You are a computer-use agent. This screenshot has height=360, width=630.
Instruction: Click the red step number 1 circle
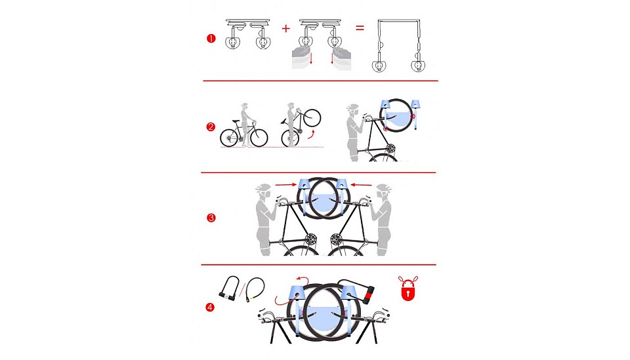click(211, 39)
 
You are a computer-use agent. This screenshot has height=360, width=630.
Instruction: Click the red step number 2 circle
click(211, 127)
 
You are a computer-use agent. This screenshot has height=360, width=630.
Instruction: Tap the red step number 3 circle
click(211, 218)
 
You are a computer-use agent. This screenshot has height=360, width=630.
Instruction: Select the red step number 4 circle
click(210, 308)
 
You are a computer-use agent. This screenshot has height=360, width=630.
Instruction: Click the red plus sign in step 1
click(285, 28)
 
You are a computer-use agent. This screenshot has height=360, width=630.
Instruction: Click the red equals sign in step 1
click(360, 28)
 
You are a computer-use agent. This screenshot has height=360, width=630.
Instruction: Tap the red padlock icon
click(408, 288)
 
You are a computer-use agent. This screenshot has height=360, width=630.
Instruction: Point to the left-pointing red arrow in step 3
click(361, 185)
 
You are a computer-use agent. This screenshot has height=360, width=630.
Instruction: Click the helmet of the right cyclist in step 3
click(384, 188)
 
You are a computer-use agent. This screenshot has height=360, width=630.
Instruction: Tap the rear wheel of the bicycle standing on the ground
click(229, 138)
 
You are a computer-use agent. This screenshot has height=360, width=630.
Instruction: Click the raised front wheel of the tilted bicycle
click(312, 117)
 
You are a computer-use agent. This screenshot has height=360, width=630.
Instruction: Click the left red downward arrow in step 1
click(310, 58)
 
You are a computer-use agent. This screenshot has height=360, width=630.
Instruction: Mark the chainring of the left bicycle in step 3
click(310, 241)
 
